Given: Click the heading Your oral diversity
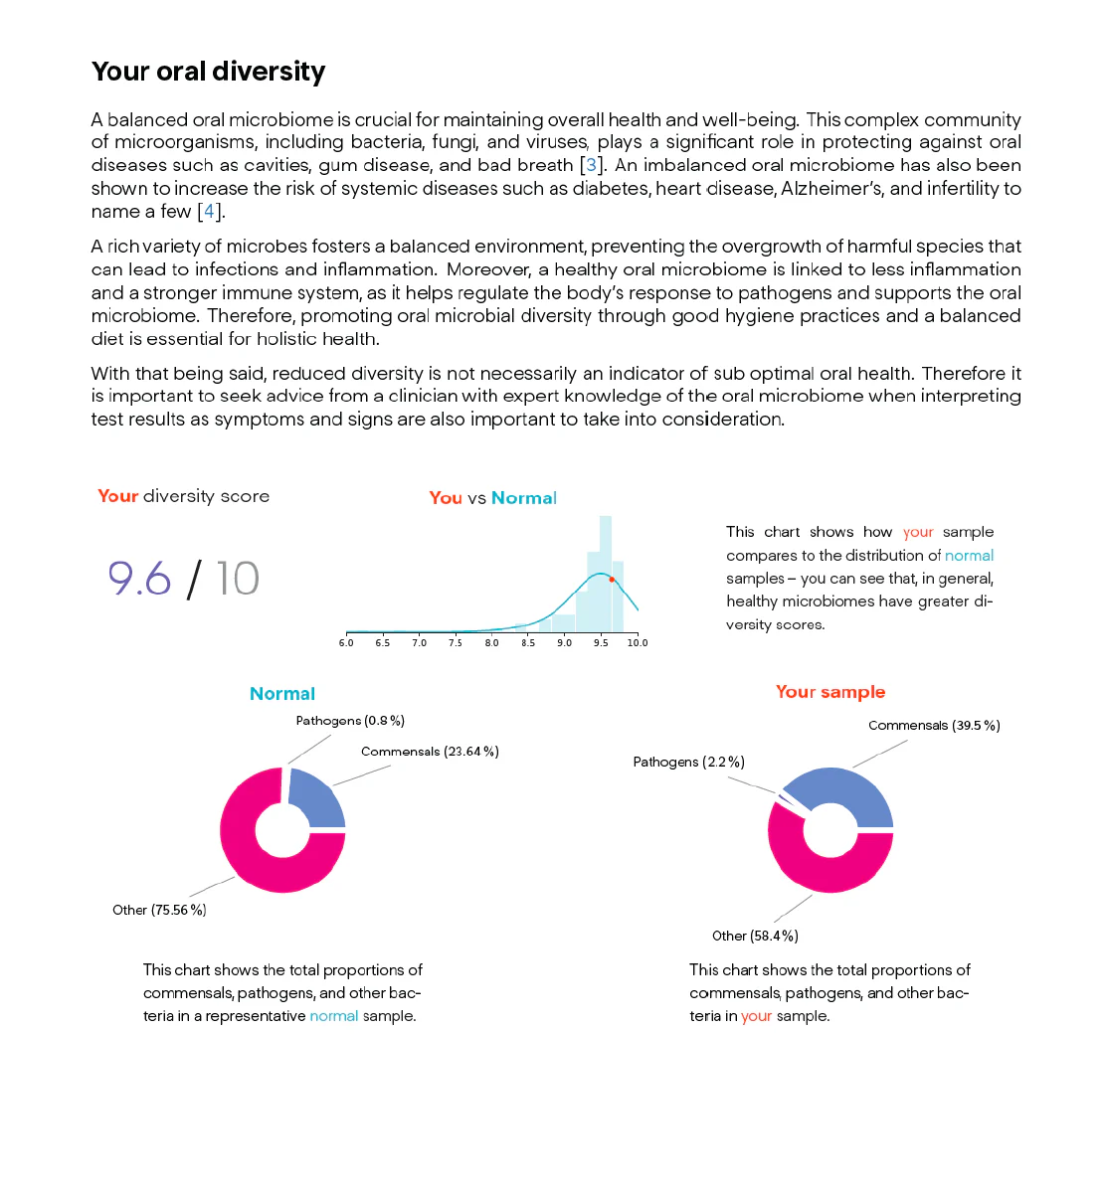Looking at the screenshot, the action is [208, 72].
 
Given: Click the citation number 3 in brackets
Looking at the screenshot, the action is [591, 165].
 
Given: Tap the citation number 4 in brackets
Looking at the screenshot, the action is [209, 211].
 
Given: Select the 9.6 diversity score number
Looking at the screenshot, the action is [139, 579].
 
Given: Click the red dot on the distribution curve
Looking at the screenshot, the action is [611, 579].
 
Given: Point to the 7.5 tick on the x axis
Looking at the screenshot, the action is [456, 633].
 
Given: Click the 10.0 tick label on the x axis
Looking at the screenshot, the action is [637, 642].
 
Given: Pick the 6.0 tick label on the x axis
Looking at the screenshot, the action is [346, 642].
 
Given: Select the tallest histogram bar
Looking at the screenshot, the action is [605, 574].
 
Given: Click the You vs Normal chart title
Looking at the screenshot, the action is [492, 497].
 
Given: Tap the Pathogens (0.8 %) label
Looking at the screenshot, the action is [350, 720].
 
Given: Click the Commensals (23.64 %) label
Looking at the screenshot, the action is [430, 752].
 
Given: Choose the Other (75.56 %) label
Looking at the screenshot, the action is [159, 910].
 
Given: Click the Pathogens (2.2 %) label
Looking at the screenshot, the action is [689, 762].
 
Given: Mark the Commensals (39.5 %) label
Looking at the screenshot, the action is [934, 725].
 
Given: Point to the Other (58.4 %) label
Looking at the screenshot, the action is [755, 936].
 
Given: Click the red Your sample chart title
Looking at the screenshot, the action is [830, 692].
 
